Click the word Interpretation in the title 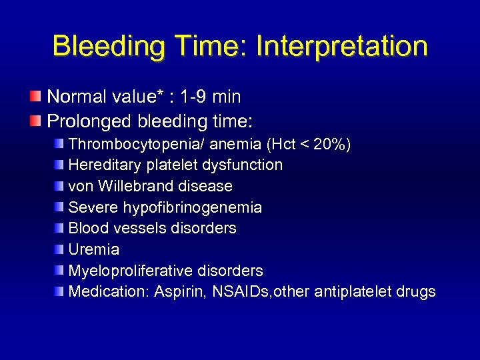point(341,47)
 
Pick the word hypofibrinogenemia point(193,207)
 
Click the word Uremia point(94,249)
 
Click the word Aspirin point(175,292)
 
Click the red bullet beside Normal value point(35,97)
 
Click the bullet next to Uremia point(60,249)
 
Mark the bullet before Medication point(60,291)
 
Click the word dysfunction point(248,165)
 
